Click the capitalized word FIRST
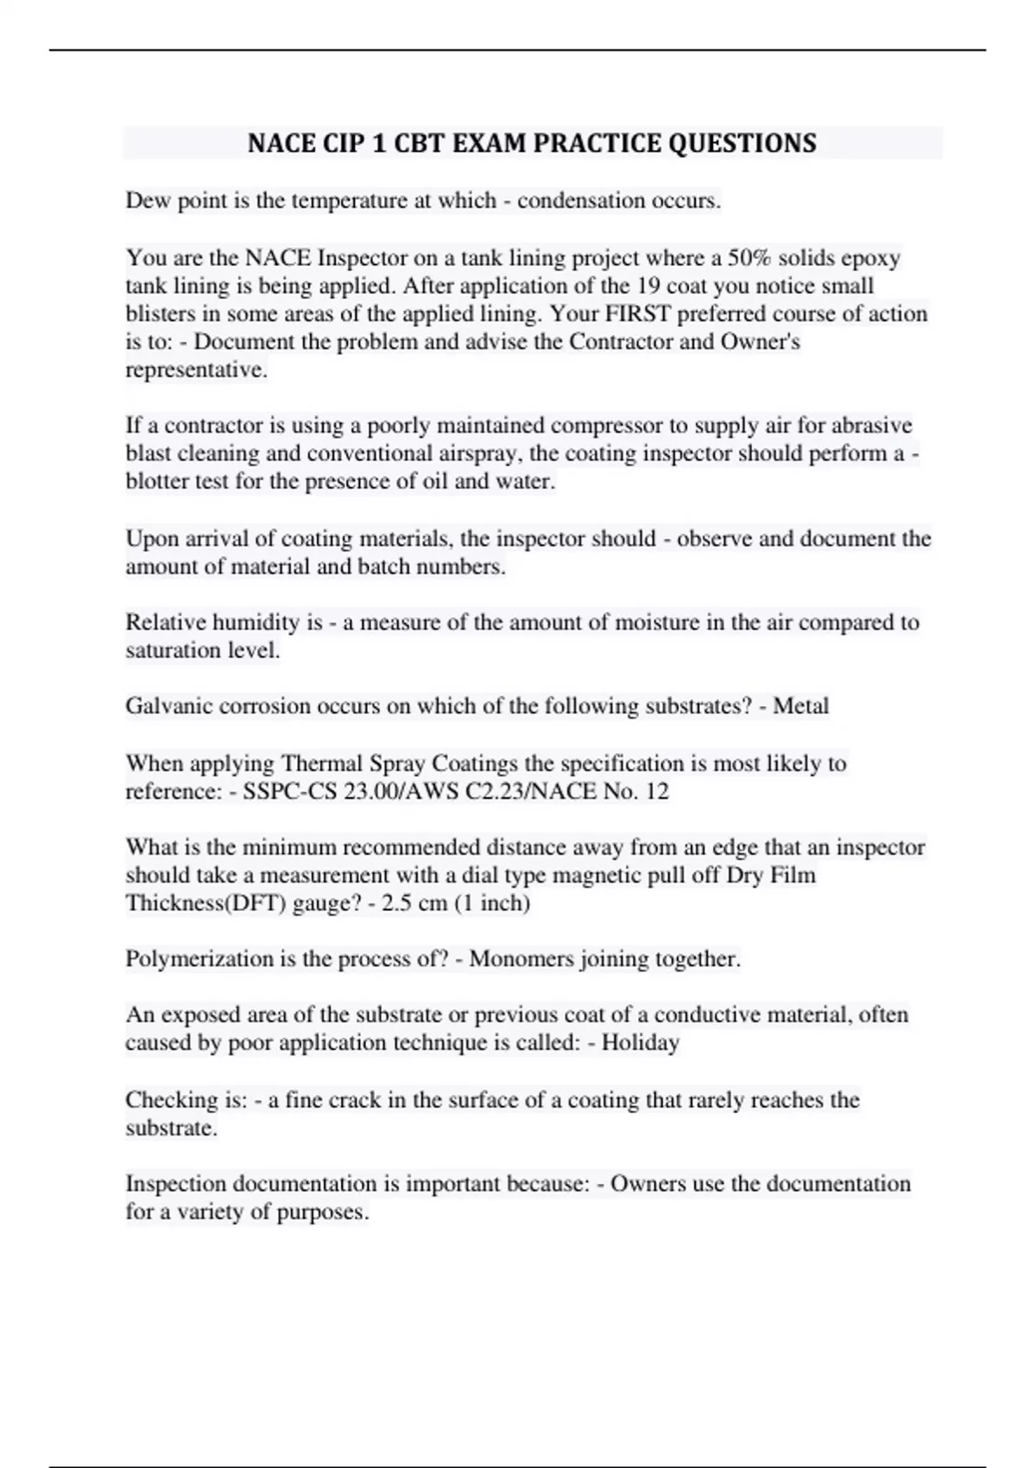(x=640, y=313)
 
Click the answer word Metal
(x=800, y=706)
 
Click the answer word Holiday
(x=641, y=1043)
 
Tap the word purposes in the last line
(x=322, y=1212)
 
